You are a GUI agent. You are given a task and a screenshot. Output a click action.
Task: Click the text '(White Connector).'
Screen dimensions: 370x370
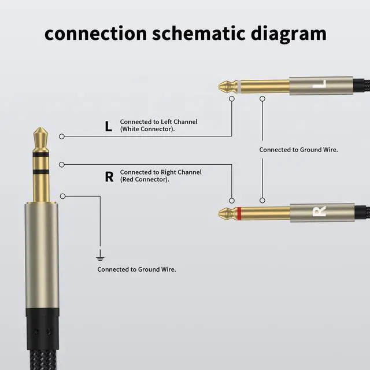pos(147,129)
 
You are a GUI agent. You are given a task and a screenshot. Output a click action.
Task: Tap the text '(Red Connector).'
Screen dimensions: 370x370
pos(145,180)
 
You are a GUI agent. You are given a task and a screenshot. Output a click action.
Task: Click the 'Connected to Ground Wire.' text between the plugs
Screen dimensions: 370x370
pos(298,150)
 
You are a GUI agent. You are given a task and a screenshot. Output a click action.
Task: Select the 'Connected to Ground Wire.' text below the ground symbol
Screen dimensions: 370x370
pos(136,269)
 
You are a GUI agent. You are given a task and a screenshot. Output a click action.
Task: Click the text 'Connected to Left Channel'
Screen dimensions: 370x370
pos(158,122)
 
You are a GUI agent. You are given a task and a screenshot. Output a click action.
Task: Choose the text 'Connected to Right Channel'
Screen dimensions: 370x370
pos(161,172)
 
